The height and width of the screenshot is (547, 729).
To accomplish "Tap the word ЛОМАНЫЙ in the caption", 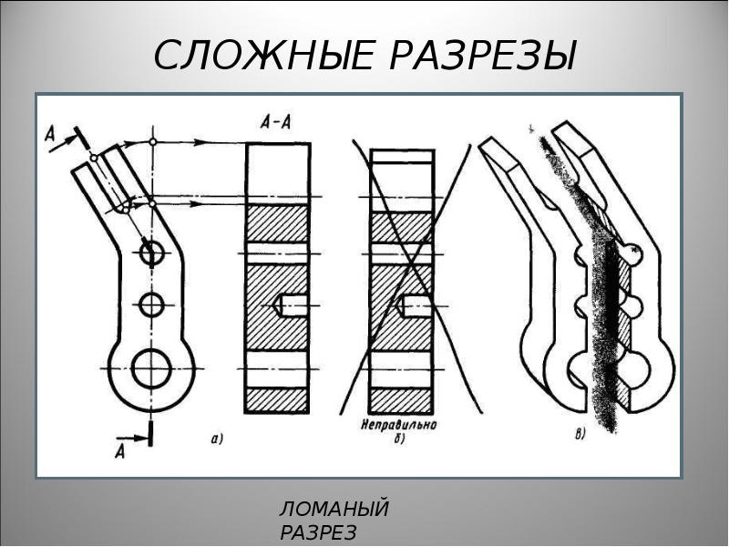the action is pyautogui.click(x=334, y=509).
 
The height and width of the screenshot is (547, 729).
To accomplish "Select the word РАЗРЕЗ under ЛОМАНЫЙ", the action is pyautogui.click(x=318, y=533).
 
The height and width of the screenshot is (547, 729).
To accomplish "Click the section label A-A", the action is pyautogui.click(x=276, y=122).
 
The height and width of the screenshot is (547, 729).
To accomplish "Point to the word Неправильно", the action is pyautogui.click(x=399, y=425).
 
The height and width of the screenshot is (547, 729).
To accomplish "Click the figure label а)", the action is pyautogui.click(x=217, y=439).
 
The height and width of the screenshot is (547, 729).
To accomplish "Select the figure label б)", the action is pyautogui.click(x=399, y=439).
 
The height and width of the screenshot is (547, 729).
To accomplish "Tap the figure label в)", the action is pyautogui.click(x=580, y=435).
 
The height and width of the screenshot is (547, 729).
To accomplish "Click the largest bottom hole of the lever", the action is pyautogui.click(x=151, y=368).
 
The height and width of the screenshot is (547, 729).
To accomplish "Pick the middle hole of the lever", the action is pyautogui.click(x=151, y=305).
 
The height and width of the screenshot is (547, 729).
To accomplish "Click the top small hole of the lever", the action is pyautogui.click(x=152, y=253).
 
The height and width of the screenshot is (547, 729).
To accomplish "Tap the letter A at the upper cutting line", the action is pyautogui.click(x=50, y=135).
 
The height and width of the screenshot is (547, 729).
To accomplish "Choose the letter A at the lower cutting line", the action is pyautogui.click(x=120, y=451).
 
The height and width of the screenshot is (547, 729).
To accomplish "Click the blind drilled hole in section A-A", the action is pyautogui.click(x=290, y=305).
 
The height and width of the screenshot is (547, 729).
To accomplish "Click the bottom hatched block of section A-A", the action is pyautogui.click(x=277, y=400).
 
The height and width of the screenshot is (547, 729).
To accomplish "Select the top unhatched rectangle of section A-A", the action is pyautogui.click(x=278, y=174).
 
